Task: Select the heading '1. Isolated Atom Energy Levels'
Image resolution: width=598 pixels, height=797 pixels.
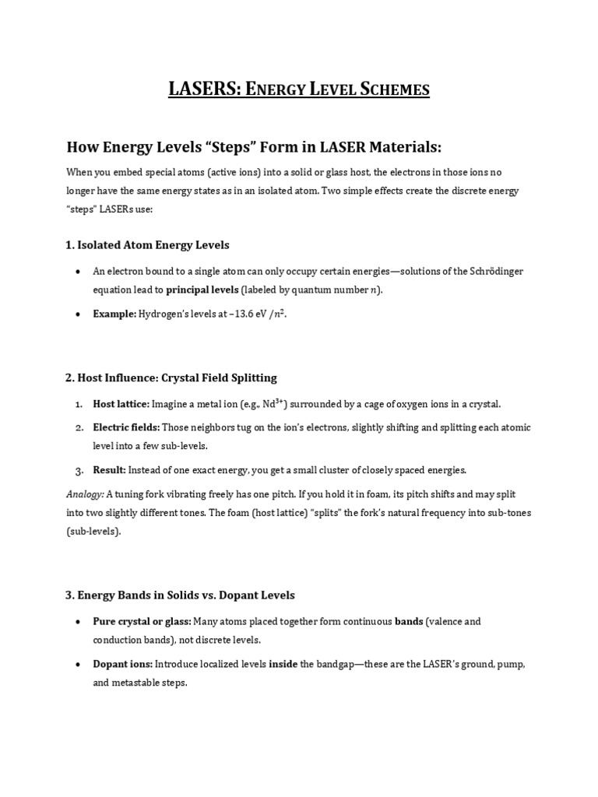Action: tap(147, 244)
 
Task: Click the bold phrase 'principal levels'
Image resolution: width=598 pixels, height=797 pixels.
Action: tap(202, 290)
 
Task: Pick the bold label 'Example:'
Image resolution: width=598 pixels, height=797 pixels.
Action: tap(114, 314)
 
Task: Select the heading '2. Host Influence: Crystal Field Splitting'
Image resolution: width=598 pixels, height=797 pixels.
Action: tap(171, 377)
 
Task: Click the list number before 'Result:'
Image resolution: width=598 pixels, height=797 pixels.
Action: tap(79, 470)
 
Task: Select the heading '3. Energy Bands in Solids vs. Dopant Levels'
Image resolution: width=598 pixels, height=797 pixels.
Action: tap(180, 595)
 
